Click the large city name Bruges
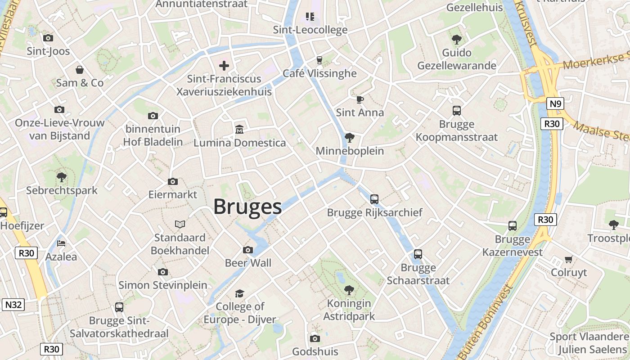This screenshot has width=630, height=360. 247,207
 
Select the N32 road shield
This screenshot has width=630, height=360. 13,305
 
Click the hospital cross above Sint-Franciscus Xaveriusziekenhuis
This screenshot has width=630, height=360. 224,66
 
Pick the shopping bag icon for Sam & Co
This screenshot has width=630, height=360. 80,70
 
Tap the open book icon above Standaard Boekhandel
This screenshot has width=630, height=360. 180,224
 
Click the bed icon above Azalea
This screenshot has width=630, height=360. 61,243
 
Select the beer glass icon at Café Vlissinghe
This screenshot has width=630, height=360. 319,60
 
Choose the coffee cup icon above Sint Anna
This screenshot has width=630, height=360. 360,99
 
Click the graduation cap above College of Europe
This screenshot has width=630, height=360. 239,293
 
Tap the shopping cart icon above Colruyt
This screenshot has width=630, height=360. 569,259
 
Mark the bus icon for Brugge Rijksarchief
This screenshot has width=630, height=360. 374,199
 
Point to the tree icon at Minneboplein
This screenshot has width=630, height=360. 349,138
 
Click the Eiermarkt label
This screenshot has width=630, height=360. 173,194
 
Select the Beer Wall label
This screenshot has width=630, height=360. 248,263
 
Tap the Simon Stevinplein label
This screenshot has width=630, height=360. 163,285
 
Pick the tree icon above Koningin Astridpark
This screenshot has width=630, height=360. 349,290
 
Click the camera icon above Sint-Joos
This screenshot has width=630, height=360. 48,38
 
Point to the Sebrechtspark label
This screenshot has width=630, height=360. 62,190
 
